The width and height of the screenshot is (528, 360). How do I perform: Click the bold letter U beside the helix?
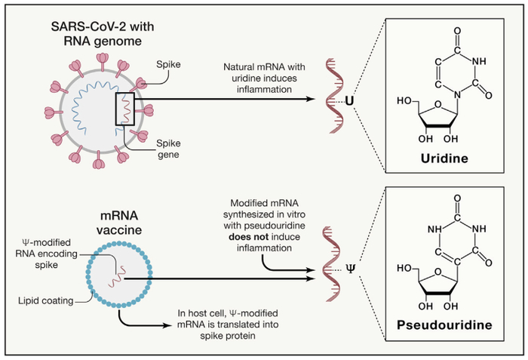349,100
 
